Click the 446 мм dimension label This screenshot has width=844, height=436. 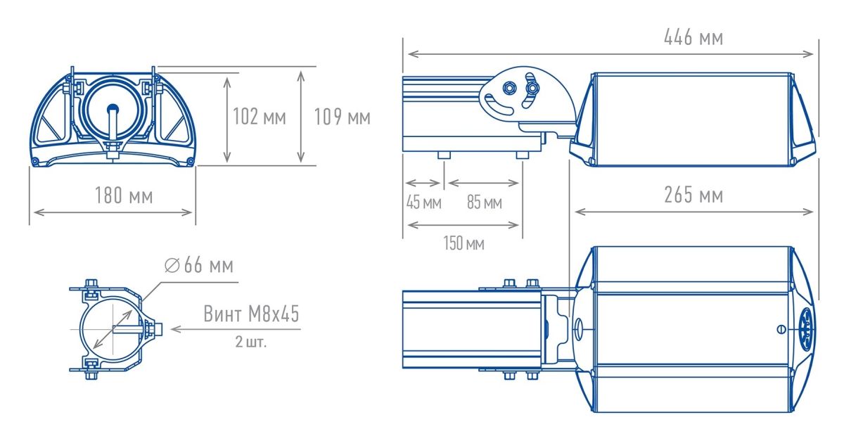click(x=693, y=38)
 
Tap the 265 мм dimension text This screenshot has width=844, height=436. click(x=693, y=195)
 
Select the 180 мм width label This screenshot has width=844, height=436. click(x=124, y=195)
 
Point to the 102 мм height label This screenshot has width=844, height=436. click(x=260, y=116)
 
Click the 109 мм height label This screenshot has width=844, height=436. click(x=342, y=117)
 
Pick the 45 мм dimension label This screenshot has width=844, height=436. click(x=423, y=203)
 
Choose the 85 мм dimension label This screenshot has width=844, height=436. click(x=484, y=203)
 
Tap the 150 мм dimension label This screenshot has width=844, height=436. click(x=463, y=243)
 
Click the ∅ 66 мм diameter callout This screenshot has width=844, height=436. click(x=199, y=265)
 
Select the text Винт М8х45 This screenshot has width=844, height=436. click(x=251, y=314)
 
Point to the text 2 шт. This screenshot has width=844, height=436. click(x=250, y=342)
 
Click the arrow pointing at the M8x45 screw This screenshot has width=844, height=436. click(x=236, y=329)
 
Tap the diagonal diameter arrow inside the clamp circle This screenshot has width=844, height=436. click(x=113, y=329)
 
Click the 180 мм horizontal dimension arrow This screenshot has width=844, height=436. click(x=113, y=212)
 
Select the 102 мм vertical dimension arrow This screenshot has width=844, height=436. click(x=226, y=119)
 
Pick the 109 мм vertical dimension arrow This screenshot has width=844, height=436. click(x=301, y=117)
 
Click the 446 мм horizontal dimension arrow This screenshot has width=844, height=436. click(x=610, y=54)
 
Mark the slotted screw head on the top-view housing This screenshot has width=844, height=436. click(x=781, y=329)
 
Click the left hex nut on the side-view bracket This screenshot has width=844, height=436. click(x=509, y=88)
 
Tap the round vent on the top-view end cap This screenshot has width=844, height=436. click(x=806, y=329)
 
